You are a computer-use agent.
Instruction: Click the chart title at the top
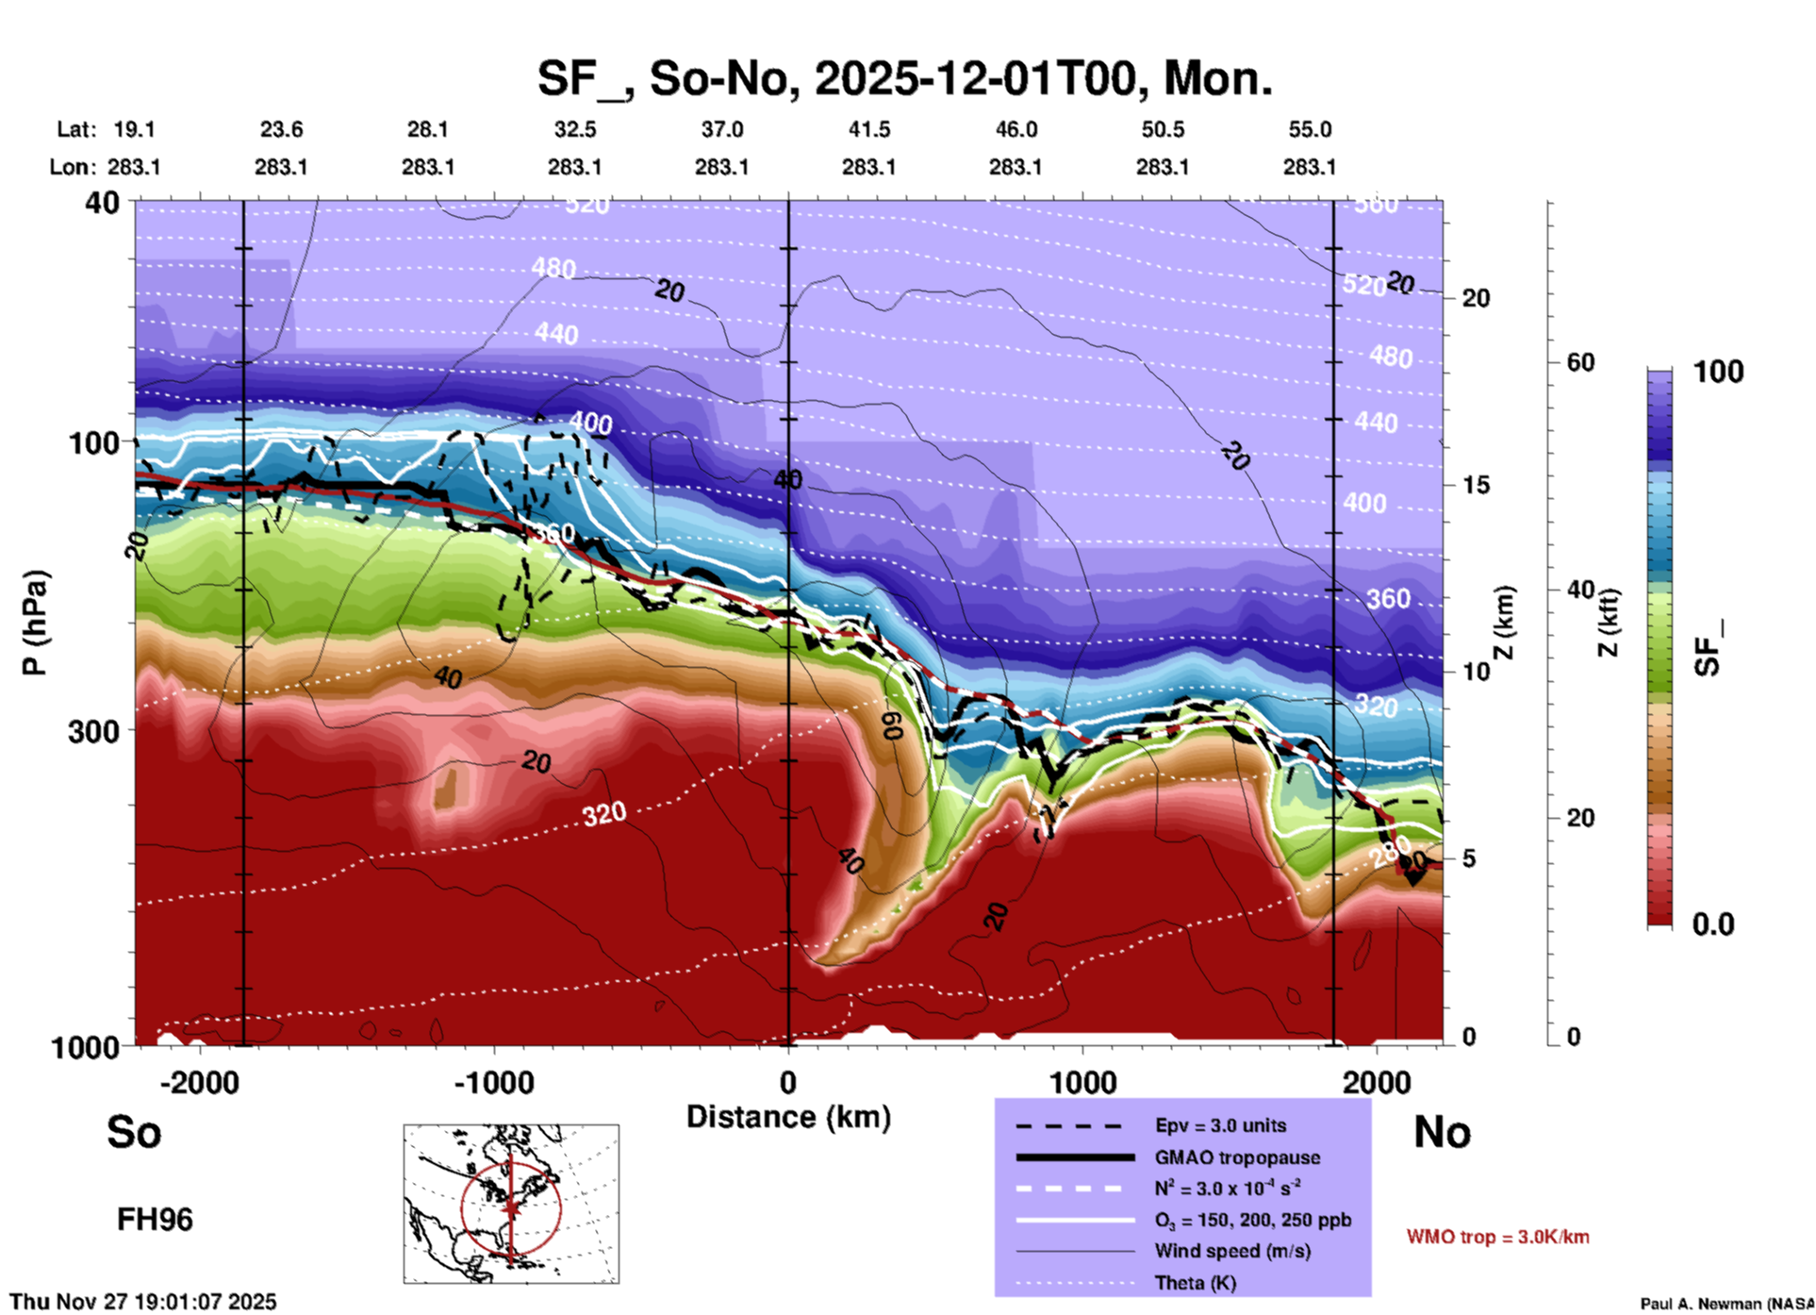click(x=905, y=78)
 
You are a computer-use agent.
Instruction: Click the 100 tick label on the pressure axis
click(x=93, y=441)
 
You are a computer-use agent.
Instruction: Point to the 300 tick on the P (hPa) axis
click(x=93, y=731)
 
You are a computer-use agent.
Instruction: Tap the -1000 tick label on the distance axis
click(x=494, y=1082)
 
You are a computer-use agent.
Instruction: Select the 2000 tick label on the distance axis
click(x=1377, y=1082)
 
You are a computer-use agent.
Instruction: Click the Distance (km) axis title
click(x=788, y=1117)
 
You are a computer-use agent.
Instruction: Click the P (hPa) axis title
click(x=35, y=623)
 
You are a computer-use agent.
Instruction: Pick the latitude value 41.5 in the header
click(x=868, y=129)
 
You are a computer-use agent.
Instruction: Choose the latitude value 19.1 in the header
click(x=134, y=129)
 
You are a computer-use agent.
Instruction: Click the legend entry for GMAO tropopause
click(x=1237, y=1157)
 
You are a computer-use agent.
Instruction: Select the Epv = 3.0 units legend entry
click(x=1220, y=1125)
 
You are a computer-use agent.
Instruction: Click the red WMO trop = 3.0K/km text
click(x=1497, y=1237)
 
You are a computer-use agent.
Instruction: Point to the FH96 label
click(x=155, y=1220)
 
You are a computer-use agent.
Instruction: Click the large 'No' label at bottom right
click(x=1442, y=1132)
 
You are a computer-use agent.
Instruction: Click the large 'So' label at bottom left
click(x=134, y=1132)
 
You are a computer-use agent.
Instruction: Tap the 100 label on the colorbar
click(x=1718, y=372)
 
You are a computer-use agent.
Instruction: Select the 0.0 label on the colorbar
click(x=1712, y=924)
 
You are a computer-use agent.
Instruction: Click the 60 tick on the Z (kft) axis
click(x=1580, y=362)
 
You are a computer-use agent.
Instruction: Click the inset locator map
click(x=511, y=1203)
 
